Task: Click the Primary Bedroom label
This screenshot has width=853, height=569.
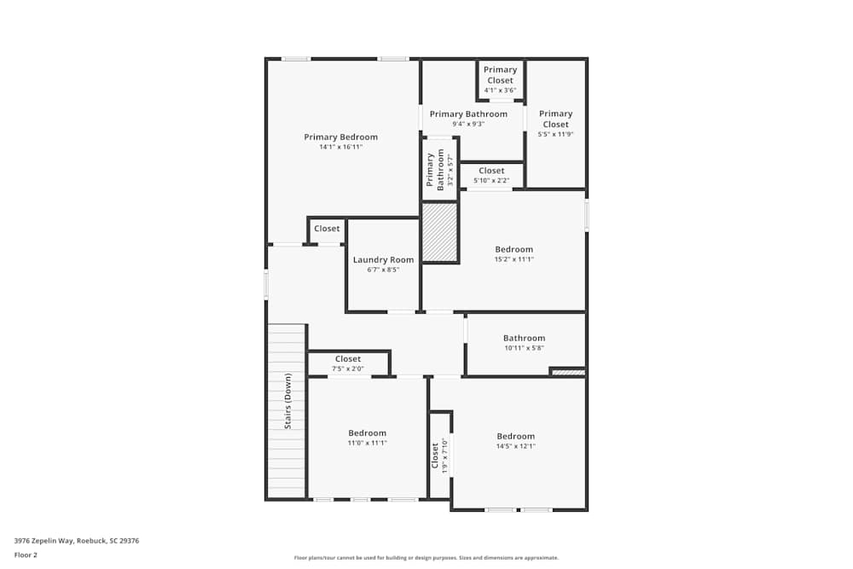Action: (x=340, y=136)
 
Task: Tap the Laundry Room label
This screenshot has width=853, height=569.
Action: (x=383, y=260)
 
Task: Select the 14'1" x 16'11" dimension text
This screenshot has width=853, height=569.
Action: (x=340, y=147)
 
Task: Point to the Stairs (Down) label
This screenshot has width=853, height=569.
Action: (x=288, y=401)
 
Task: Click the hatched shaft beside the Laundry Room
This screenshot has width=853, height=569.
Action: (x=440, y=232)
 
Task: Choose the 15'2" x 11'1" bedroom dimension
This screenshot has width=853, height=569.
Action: (x=514, y=259)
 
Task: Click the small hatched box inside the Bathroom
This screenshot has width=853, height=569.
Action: (x=567, y=371)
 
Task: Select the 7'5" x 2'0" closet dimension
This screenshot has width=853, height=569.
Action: (x=348, y=369)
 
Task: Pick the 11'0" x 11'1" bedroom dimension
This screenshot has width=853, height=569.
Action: (x=367, y=443)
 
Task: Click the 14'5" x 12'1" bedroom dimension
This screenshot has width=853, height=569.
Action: (x=515, y=446)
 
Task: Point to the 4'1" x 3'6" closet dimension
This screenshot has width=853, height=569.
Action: (x=500, y=90)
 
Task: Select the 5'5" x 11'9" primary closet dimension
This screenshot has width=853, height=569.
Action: (x=555, y=134)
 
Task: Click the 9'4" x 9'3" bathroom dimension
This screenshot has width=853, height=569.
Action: (x=468, y=124)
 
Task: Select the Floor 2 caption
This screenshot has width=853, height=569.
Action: (x=26, y=554)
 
